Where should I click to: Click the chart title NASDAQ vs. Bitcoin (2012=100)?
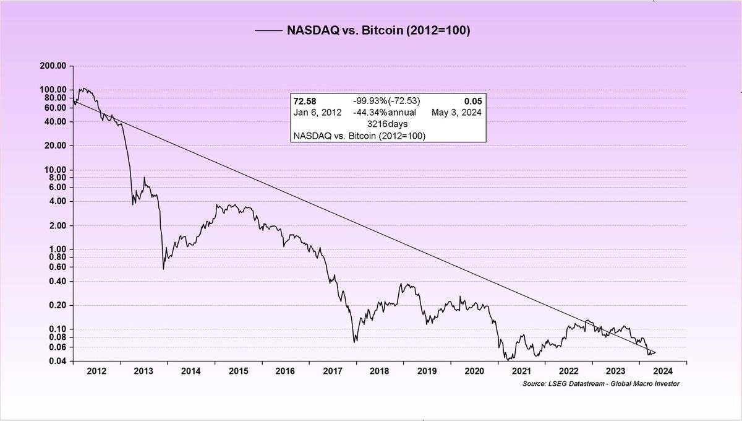click(378, 30)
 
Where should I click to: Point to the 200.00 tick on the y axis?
click(54, 66)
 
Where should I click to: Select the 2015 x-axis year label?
click(238, 371)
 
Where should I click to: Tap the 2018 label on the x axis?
click(379, 371)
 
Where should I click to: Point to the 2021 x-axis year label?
click(521, 371)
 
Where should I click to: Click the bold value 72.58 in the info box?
click(305, 101)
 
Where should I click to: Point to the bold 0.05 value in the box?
click(473, 101)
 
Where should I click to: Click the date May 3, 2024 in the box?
click(456, 112)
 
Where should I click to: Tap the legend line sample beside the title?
click(267, 30)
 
